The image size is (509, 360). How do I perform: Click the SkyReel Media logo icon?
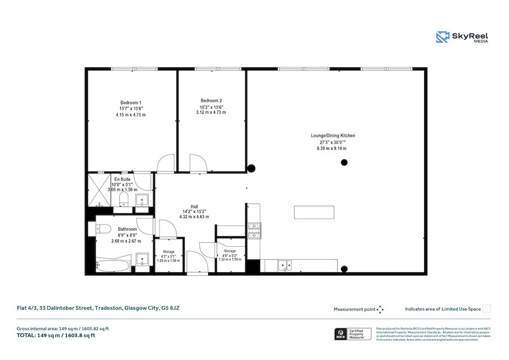click(442, 37)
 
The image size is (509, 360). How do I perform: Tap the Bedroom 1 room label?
click(130, 102)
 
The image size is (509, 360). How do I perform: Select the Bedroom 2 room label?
click(211, 101)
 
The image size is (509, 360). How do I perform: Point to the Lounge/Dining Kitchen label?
click(333, 136)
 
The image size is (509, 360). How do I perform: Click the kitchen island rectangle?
click(314, 212)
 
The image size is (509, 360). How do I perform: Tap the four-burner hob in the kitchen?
click(253, 230)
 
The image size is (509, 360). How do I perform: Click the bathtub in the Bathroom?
click(114, 264)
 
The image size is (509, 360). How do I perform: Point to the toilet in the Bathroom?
click(102, 229)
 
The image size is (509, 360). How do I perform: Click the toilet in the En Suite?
click(116, 199)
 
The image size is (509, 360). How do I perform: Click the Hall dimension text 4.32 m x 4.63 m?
click(194, 217)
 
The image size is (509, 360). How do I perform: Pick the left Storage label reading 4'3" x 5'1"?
click(169, 256)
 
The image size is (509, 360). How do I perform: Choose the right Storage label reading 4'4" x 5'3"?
click(230, 255)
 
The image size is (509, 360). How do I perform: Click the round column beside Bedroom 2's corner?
click(251, 168)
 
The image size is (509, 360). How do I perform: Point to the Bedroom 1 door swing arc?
click(165, 163)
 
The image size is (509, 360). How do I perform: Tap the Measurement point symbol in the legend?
click(380, 309)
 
